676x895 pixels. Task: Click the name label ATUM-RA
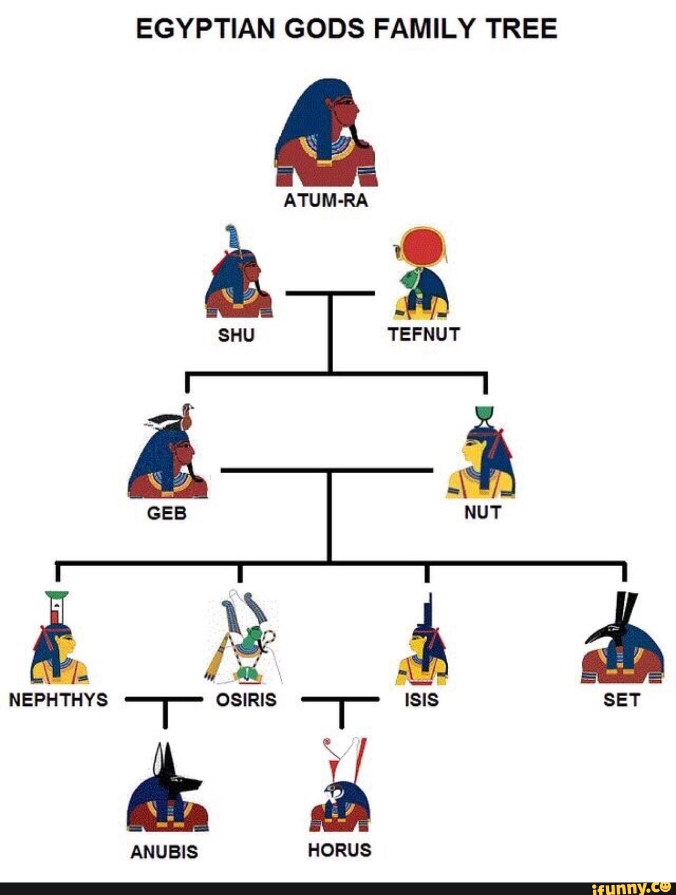point(325,201)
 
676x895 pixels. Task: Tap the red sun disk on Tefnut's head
point(423,247)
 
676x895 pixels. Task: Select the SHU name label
point(236,335)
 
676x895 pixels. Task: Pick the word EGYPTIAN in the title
point(204,29)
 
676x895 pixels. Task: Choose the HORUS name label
point(339,850)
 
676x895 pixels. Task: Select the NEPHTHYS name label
point(58,699)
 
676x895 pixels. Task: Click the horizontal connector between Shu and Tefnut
point(330,292)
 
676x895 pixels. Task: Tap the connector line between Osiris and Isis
point(340,699)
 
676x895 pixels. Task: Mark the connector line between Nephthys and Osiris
point(164,699)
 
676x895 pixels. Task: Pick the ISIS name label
point(421,699)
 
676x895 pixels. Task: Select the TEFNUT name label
point(424,334)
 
